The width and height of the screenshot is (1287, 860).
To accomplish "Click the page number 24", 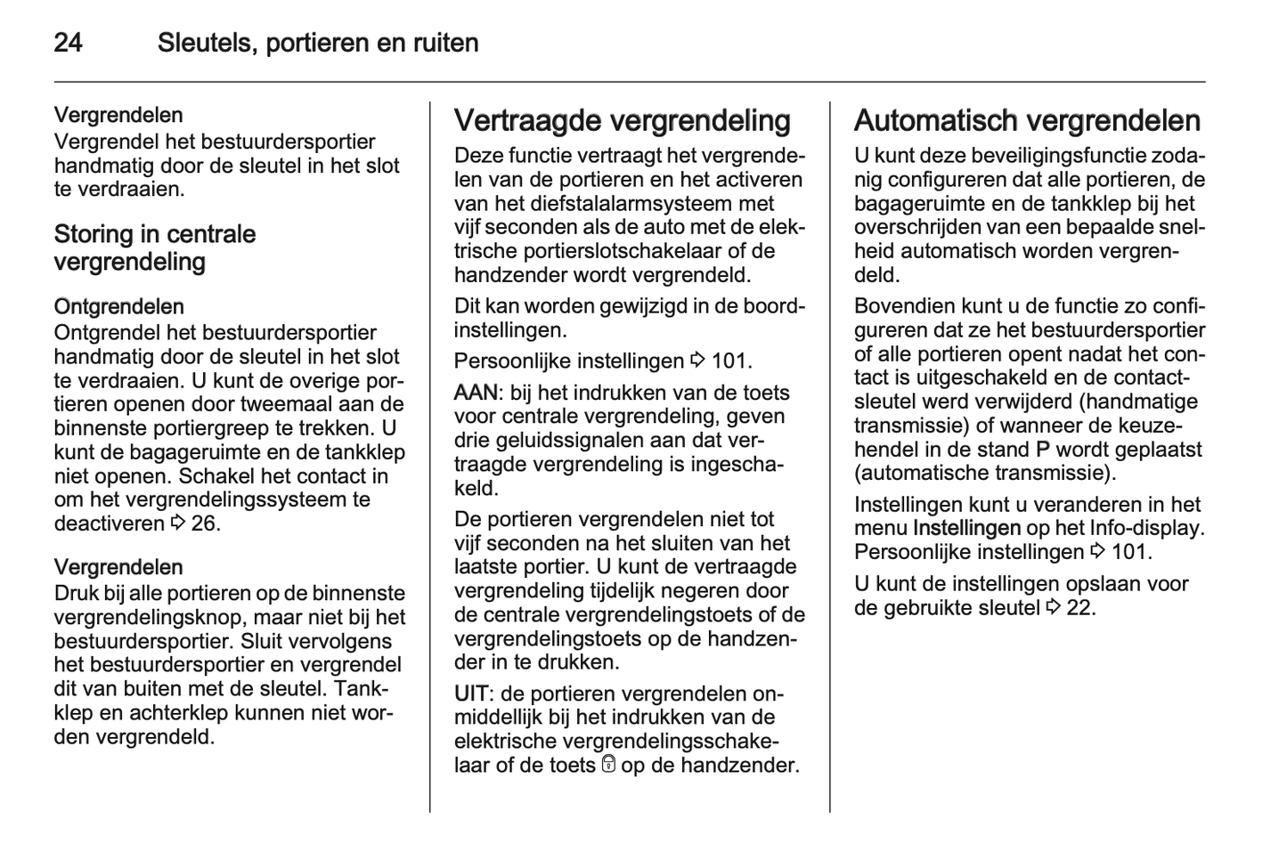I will [69, 43].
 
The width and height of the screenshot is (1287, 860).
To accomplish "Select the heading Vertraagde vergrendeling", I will [622, 120].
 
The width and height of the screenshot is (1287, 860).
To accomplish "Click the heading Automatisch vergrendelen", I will [1027, 120].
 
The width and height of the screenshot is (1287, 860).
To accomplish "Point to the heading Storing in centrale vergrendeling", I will [155, 247].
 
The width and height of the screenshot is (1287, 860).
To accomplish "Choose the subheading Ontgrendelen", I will [118, 307].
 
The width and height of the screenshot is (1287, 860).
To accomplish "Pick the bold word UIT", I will [472, 694].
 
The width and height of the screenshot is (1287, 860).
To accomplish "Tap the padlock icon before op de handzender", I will [608, 765].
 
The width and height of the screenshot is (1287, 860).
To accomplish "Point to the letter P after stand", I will [1043, 450].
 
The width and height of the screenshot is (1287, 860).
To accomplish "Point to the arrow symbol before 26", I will [177, 523].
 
